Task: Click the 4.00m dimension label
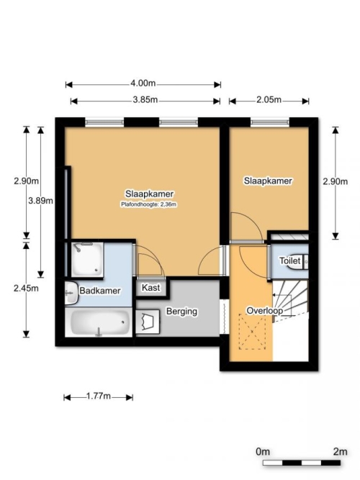pyautogui.click(x=143, y=83)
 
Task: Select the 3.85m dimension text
pyautogui.click(x=145, y=100)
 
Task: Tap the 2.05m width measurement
pyautogui.click(x=269, y=100)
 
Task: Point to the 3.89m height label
pyautogui.click(x=40, y=201)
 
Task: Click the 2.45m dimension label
pyautogui.click(x=26, y=288)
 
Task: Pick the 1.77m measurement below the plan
pyautogui.click(x=99, y=396)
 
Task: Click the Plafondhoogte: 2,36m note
pyautogui.click(x=148, y=204)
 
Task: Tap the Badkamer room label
pyautogui.click(x=100, y=291)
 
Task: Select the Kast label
pyautogui.click(x=151, y=288)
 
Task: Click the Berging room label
pyautogui.click(x=181, y=312)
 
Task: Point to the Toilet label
pyautogui.click(x=290, y=261)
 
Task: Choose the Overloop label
pyautogui.click(x=265, y=310)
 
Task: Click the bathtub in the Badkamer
pyautogui.click(x=99, y=323)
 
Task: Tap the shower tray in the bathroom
pyautogui.click(x=87, y=260)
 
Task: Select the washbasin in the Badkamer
pyautogui.click(x=71, y=293)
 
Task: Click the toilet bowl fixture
pyautogui.click(x=298, y=262)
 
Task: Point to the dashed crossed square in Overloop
pyautogui.click(x=252, y=332)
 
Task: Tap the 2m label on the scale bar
pyautogui.click(x=340, y=451)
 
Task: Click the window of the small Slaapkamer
pyautogui.click(x=269, y=122)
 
